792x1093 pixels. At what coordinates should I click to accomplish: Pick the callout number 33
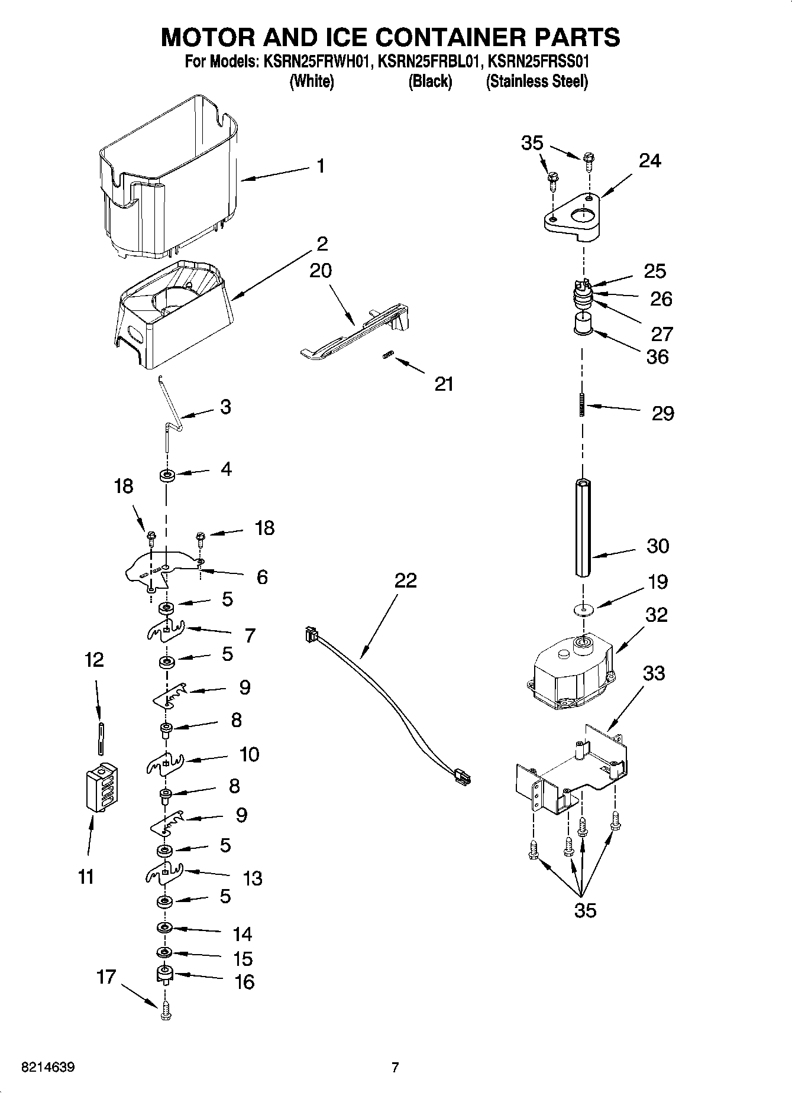654,673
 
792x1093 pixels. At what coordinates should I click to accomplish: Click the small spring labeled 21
388,355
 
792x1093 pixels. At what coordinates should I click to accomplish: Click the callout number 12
94,659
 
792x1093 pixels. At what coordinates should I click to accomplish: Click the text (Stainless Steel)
536,82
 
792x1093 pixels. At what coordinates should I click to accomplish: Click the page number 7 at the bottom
395,1068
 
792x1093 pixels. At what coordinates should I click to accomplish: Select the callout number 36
657,356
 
